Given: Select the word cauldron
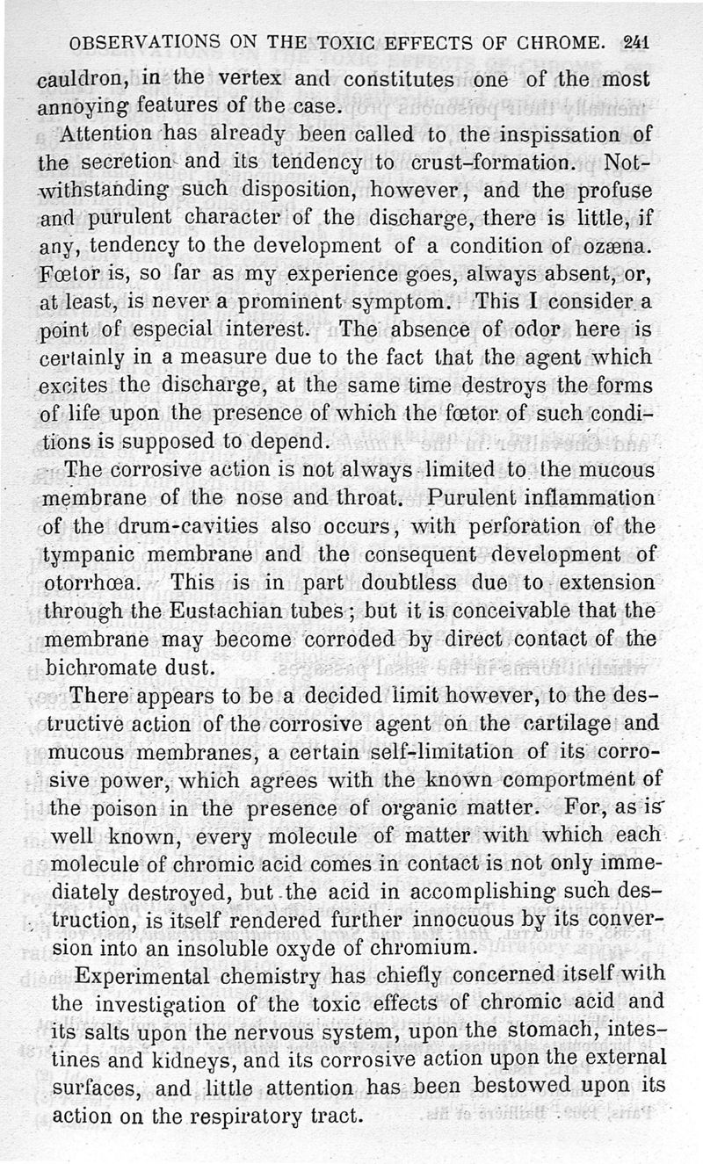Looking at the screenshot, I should pyautogui.click(x=83, y=80).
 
